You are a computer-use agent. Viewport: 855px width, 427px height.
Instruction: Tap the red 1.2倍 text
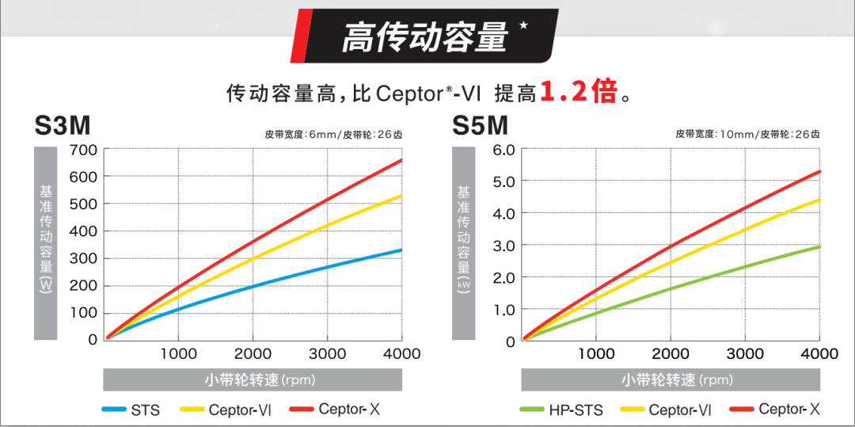click(x=578, y=93)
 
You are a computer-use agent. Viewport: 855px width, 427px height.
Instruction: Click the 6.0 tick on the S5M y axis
click(x=503, y=150)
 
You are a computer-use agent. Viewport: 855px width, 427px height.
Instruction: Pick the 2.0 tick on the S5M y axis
click(x=503, y=277)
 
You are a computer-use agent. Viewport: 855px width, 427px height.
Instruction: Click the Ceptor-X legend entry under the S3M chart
click(x=336, y=410)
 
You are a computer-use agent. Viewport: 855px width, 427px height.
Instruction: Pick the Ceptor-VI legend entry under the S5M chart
click(x=666, y=410)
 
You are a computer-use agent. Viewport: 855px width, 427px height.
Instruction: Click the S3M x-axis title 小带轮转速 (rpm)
click(x=253, y=379)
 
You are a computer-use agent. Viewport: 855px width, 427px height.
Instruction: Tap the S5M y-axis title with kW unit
click(x=463, y=242)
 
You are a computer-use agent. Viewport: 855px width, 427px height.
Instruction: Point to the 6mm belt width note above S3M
click(x=332, y=135)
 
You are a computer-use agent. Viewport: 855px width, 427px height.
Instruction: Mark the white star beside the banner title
click(x=523, y=25)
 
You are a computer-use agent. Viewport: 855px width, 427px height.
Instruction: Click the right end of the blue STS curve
click(x=401, y=250)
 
